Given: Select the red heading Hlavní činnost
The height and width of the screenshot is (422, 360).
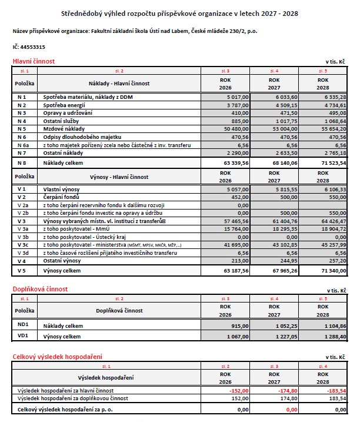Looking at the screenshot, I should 34,61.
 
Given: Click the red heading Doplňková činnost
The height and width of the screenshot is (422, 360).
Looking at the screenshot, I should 40,289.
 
